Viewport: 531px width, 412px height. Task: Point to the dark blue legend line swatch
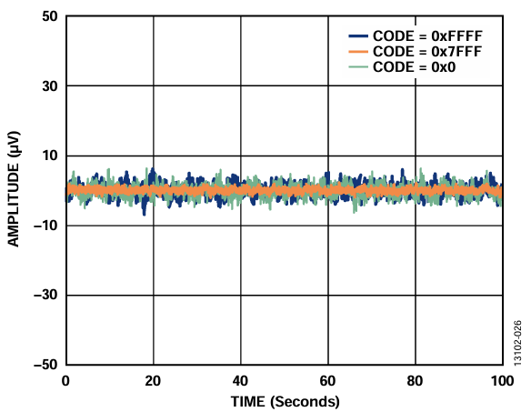(x=359, y=36)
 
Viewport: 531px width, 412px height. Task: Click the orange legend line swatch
(x=359, y=52)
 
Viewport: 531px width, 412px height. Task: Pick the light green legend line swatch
(x=359, y=67)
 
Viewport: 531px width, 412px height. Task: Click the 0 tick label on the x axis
(x=65, y=380)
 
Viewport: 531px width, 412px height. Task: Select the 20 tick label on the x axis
(x=153, y=380)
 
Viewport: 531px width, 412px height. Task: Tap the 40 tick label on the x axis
(x=240, y=380)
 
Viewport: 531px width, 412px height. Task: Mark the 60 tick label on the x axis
(x=327, y=380)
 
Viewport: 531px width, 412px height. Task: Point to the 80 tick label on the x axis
(x=415, y=380)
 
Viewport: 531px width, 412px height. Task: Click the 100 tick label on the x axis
(x=500, y=380)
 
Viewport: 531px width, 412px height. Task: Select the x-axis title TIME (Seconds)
(x=283, y=400)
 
